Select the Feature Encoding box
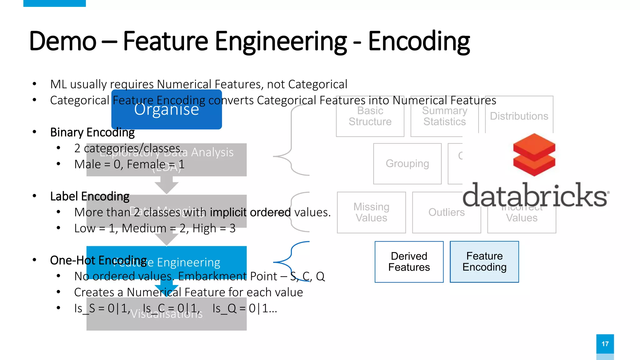(x=484, y=262)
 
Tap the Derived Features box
(x=409, y=262)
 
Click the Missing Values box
(x=371, y=212)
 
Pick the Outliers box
(x=446, y=212)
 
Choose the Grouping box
(x=407, y=164)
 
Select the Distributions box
(x=519, y=116)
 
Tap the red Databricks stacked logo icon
(x=534, y=155)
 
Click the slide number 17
(x=605, y=344)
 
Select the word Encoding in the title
(x=419, y=41)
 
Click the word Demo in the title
(x=62, y=41)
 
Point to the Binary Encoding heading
(x=92, y=132)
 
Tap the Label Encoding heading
(x=90, y=197)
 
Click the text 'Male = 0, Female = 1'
(x=129, y=164)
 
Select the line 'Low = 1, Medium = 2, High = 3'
(x=155, y=228)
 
